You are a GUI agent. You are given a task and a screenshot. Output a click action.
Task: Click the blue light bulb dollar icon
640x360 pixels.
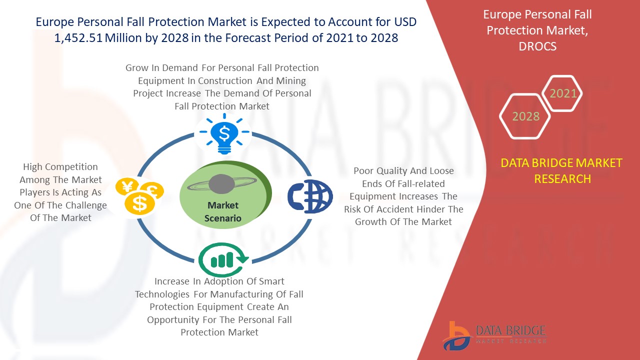pos(224,133)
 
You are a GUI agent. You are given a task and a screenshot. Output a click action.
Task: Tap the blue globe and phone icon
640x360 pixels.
pos(310,196)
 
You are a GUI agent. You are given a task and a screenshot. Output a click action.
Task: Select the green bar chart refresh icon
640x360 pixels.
pos(223,259)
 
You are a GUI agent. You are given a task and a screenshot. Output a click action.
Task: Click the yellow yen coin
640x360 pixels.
pos(127,187)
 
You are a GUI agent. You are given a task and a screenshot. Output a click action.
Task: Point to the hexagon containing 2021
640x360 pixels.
pos(562,93)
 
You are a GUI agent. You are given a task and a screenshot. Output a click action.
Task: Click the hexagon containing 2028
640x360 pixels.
pos(525,116)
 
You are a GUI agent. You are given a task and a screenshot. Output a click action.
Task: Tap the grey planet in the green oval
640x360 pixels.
pos(221,184)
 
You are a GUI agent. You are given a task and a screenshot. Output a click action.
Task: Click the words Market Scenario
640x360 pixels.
pos(223,211)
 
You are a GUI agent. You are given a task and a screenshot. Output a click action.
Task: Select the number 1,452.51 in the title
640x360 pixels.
pos(78,38)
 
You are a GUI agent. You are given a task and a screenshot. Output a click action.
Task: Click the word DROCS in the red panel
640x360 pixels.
pos(537,46)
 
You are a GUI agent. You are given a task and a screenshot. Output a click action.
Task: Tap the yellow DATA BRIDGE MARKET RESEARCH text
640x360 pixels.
pos(561,171)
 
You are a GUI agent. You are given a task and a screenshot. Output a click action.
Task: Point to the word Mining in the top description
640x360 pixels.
pos(291,81)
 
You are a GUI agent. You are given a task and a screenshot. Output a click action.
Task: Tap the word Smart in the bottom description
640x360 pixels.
pos(271,281)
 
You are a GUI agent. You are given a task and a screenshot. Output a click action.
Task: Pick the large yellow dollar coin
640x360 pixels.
pos(139,203)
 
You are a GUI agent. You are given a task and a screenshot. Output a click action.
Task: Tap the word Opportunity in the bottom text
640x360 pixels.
pos(173,319)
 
